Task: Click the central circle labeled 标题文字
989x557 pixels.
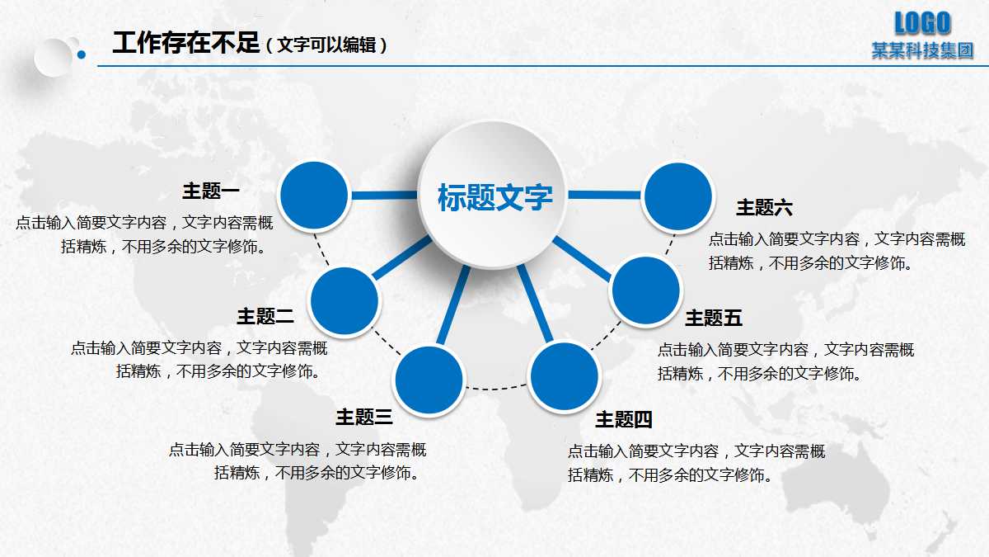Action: pos(494,196)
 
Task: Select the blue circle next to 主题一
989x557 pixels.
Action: pos(314,196)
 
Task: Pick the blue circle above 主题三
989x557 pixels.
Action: pos(429,380)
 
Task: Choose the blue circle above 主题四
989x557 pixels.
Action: pos(563,376)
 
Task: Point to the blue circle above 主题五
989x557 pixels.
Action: pos(646,290)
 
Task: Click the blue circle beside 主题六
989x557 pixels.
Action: pos(677,196)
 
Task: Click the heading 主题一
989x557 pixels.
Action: pos(211,191)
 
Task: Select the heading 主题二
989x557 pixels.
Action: pos(265,315)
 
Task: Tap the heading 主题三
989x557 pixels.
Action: pos(363,418)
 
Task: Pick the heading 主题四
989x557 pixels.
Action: pos(624,420)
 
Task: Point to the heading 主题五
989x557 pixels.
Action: pos(714,318)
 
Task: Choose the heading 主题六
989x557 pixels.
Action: pos(764,207)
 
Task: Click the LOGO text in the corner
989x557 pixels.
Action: pos(922,22)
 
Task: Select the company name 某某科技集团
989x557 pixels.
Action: pos(922,50)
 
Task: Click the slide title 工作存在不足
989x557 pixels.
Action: pos(186,43)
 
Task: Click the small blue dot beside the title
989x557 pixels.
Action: pos(82,55)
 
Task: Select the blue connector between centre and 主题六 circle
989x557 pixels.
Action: pos(605,196)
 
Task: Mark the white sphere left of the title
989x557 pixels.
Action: pos(54,57)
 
